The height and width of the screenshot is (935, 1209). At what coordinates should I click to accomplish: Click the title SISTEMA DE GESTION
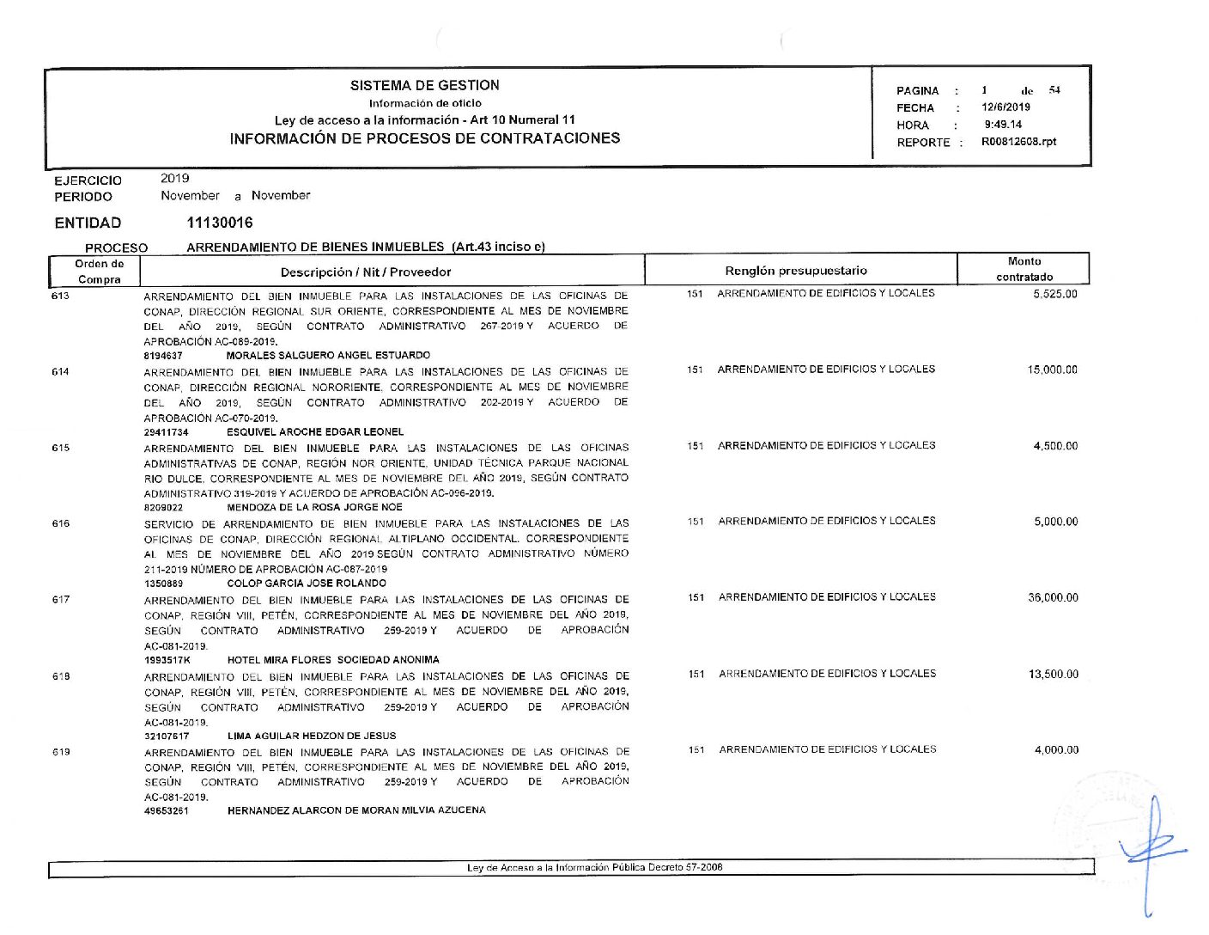point(424,85)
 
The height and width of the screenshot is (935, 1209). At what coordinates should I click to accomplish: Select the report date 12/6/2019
point(1005,107)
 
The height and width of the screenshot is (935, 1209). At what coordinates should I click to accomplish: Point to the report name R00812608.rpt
point(1018,142)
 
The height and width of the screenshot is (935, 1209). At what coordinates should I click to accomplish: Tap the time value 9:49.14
point(1003,125)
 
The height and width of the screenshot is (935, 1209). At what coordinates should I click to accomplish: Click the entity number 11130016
point(220,223)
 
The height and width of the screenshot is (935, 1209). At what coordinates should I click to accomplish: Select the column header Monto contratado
point(1024,269)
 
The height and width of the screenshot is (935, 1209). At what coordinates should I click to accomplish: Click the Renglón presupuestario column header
point(795,271)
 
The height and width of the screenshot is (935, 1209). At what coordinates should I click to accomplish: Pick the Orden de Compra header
point(100,272)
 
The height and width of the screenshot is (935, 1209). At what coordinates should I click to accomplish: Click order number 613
point(60,296)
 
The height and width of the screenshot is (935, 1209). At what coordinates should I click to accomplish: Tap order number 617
point(61,600)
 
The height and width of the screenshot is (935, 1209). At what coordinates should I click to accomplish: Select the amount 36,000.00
point(1053,598)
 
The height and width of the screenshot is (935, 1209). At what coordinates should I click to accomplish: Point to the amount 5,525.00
point(1055,294)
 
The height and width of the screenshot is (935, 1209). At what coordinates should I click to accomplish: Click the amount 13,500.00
point(1054,675)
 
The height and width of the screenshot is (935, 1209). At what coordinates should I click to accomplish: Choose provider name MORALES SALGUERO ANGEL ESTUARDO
point(328,355)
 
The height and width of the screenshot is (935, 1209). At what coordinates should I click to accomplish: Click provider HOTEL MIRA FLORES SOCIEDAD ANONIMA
point(333,660)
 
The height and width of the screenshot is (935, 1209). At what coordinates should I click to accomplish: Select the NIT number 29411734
point(166,432)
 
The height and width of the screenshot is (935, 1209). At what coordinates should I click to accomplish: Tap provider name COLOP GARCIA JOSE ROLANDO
point(307,584)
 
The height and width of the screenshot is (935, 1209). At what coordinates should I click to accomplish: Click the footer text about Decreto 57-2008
point(594,868)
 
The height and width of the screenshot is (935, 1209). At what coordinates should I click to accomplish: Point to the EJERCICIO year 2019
point(174,179)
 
